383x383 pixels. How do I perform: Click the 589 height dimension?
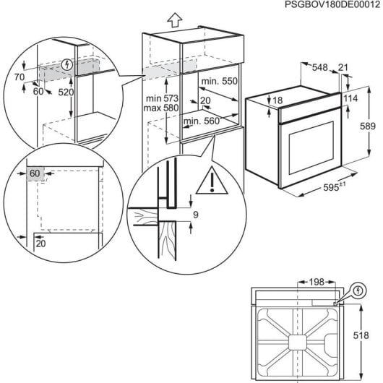368,126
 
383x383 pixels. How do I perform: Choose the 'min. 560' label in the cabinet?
202,120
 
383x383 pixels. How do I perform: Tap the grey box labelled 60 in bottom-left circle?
35,173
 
